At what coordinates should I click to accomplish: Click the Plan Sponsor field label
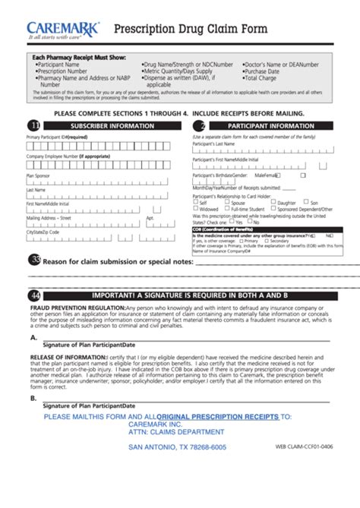(x=38, y=175)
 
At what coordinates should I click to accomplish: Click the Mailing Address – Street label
(x=49, y=217)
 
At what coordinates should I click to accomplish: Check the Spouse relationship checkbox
(x=228, y=203)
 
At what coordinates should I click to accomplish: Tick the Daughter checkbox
(x=273, y=203)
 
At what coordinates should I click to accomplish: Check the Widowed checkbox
(x=195, y=209)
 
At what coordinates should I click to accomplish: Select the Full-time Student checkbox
(x=228, y=209)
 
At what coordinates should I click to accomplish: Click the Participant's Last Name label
(x=213, y=143)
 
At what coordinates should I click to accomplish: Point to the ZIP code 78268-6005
(x=209, y=447)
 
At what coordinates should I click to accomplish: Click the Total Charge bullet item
(x=260, y=78)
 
